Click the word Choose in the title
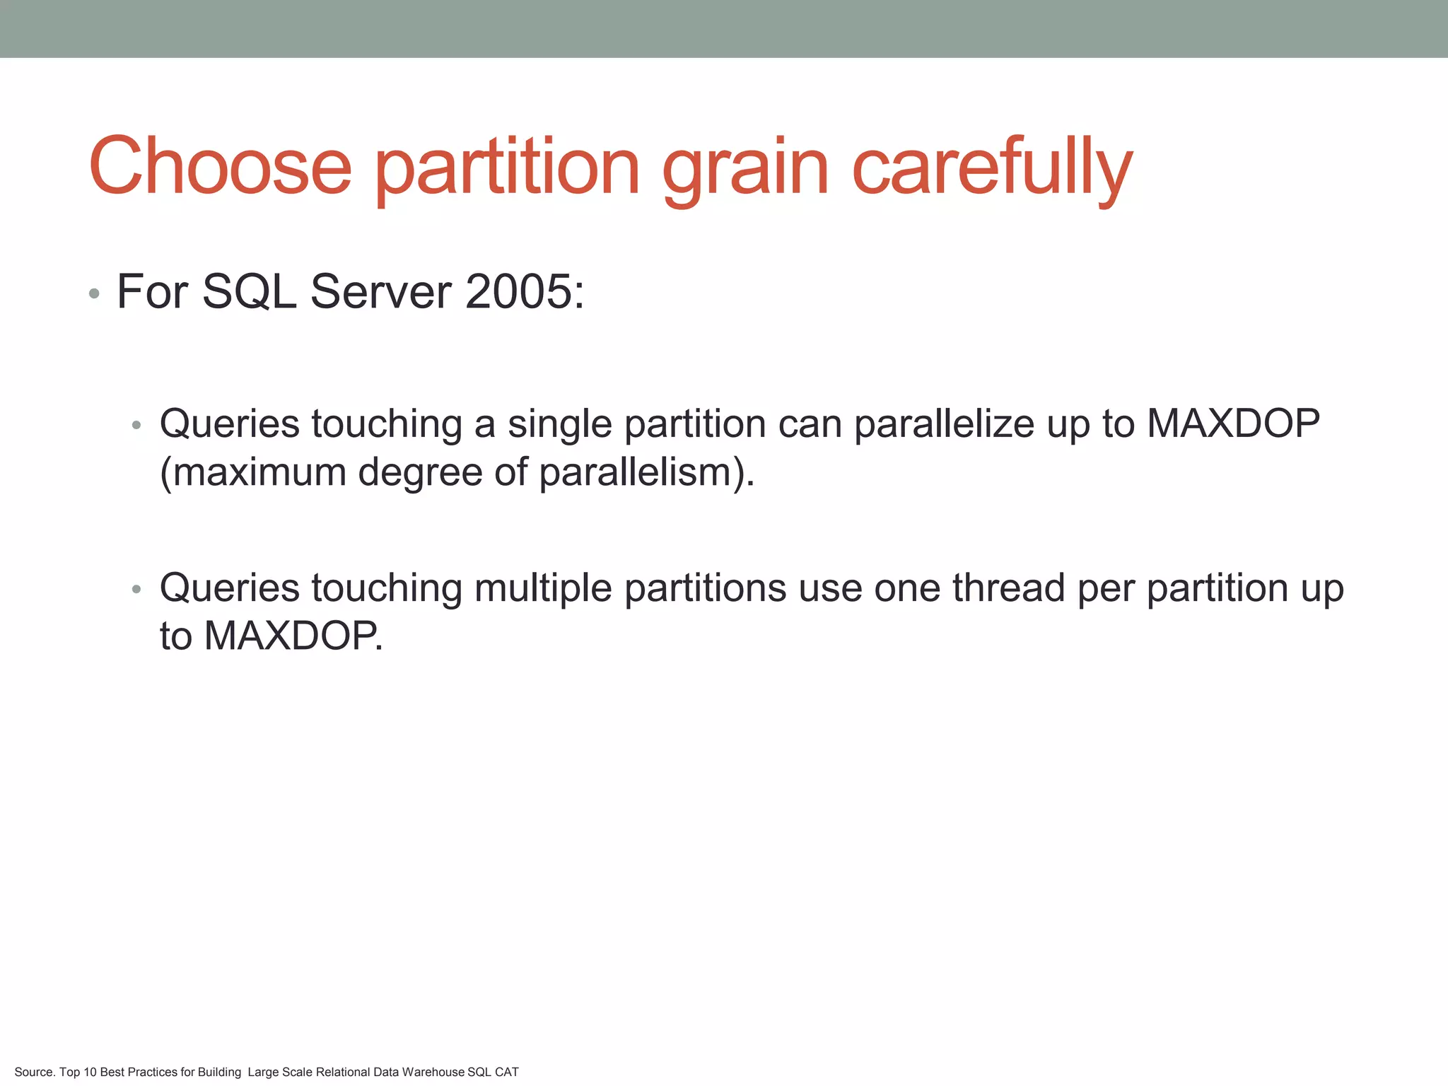click(220, 167)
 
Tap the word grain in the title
click(745, 170)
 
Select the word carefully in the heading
click(992, 168)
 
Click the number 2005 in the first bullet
click(519, 291)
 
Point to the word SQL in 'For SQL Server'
click(249, 293)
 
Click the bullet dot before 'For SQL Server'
click(94, 293)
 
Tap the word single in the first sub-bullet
click(559, 424)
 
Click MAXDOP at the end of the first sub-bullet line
click(1232, 424)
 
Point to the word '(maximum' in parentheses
click(252, 472)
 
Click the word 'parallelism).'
click(647, 472)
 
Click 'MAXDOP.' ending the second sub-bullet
click(293, 636)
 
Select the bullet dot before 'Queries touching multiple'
click(136, 589)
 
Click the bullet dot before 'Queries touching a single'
click(136, 426)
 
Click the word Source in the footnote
click(34, 1072)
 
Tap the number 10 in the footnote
click(90, 1072)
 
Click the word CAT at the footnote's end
click(506, 1072)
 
